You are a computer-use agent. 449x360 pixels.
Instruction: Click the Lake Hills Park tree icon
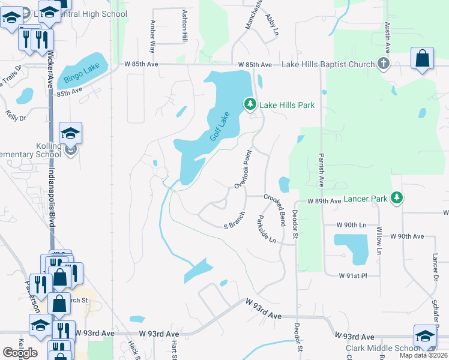250,105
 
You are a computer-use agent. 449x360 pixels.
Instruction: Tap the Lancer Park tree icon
396,197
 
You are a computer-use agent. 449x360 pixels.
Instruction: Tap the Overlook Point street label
242,170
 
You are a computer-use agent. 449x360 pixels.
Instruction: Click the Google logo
20,353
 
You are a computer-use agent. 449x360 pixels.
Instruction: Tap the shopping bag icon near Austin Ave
423,59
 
